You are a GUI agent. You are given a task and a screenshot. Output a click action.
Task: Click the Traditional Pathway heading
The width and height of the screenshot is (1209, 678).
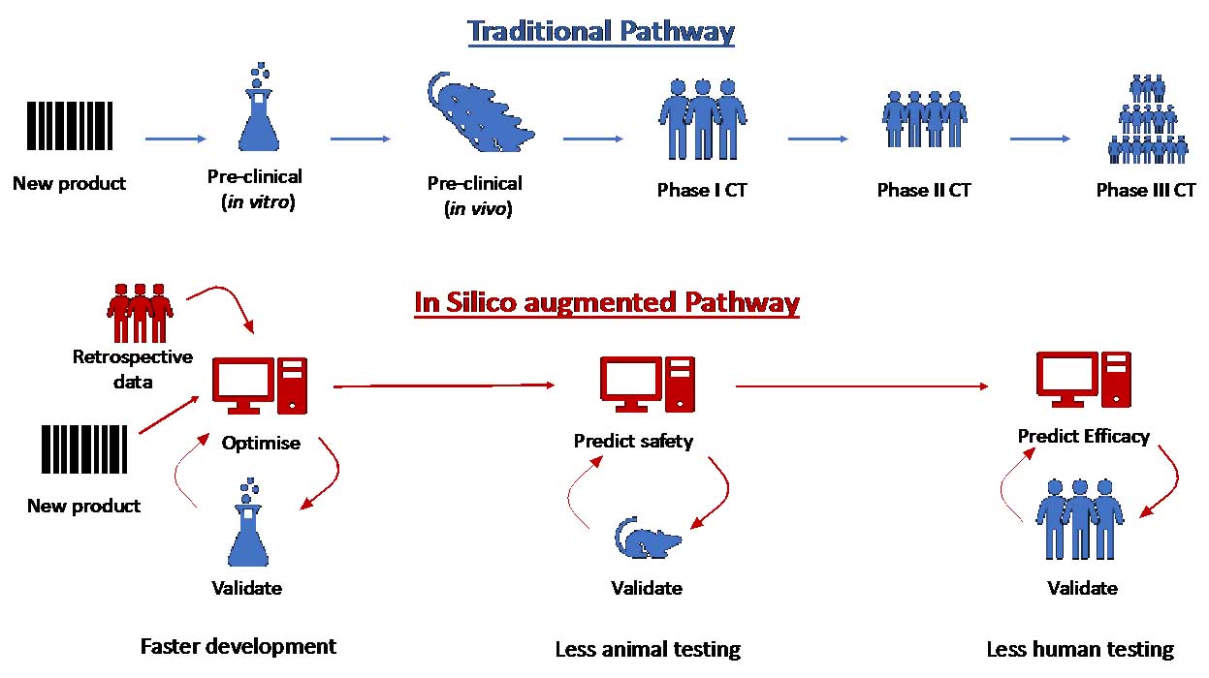(601, 31)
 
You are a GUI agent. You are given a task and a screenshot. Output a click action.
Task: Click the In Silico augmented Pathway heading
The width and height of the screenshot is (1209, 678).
(607, 302)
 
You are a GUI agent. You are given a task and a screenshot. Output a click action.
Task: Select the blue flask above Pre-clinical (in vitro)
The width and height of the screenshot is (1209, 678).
(257, 113)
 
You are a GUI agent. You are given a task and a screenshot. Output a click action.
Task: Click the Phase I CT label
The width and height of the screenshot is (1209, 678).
(702, 190)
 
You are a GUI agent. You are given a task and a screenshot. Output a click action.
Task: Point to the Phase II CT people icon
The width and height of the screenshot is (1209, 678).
(923, 121)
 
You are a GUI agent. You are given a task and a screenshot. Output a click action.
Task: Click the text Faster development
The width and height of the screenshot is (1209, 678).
(239, 646)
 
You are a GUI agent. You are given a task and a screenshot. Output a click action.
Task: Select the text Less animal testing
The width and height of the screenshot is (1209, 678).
(648, 649)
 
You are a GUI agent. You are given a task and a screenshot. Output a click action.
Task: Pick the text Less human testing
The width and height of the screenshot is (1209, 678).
(1080, 649)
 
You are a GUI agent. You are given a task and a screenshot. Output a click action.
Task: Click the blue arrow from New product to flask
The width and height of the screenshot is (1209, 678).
(175, 139)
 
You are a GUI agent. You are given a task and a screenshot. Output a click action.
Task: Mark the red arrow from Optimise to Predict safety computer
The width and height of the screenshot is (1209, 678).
(444, 385)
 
